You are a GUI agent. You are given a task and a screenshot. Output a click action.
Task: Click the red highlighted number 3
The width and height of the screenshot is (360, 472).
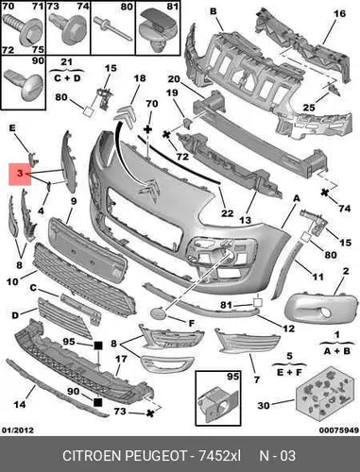[x=20, y=174]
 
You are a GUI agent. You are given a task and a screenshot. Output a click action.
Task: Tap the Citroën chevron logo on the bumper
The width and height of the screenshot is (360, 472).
[x=148, y=188]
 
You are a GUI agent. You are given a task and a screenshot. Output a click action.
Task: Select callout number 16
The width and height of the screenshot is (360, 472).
[x=339, y=13]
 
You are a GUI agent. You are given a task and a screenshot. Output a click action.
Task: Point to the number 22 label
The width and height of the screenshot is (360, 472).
[x=227, y=213]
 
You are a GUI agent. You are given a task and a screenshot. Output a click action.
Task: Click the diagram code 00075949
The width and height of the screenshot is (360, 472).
[x=339, y=430]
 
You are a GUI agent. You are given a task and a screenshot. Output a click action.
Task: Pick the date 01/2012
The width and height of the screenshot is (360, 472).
[x=18, y=430]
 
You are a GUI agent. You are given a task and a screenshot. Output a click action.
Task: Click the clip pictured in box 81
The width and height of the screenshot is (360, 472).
[x=159, y=30]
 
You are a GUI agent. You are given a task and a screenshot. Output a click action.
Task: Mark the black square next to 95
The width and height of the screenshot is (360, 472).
[x=98, y=346]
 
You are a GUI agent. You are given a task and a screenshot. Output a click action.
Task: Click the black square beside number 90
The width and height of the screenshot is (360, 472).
[x=98, y=402]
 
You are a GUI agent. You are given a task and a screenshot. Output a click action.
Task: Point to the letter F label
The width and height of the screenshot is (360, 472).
[x=192, y=323]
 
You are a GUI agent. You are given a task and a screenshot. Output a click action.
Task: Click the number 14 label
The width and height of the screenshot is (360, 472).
[x=20, y=404]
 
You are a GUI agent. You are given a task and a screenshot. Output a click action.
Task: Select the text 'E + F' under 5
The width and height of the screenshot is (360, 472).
[x=289, y=372]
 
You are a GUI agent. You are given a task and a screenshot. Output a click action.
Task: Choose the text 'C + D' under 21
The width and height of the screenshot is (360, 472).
[x=67, y=77]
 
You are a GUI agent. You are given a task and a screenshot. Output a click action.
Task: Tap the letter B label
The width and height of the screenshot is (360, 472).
[x=214, y=11]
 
